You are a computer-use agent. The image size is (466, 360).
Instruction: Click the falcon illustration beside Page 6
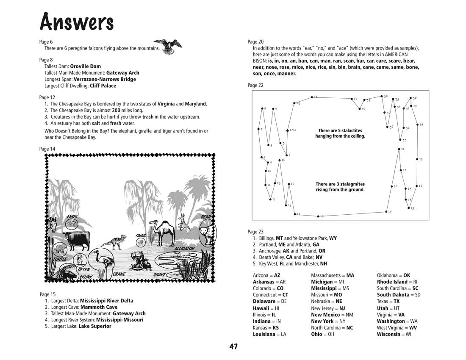(x=168, y=46)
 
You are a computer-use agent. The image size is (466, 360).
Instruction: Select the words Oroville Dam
(x=85, y=66)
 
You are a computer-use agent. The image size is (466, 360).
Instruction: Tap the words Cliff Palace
(x=103, y=86)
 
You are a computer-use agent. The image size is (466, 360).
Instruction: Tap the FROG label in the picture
(x=72, y=217)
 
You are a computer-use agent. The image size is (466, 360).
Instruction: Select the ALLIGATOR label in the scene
(x=184, y=249)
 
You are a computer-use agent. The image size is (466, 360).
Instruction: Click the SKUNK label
(x=86, y=277)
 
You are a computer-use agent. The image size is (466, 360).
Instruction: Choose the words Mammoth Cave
(x=99, y=307)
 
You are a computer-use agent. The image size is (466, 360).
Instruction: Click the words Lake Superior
(x=95, y=326)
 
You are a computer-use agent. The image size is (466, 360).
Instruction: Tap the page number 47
(x=233, y=346)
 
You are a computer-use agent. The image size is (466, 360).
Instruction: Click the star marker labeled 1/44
(x=288, y=130)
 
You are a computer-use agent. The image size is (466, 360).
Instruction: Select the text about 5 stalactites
(x=340, y=133)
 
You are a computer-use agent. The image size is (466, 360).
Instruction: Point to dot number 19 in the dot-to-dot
(x=386, y=211)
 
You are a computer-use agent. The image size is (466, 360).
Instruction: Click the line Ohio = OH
(x=322, y=334)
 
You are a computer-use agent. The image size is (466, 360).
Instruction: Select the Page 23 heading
(x=255, y=232)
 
